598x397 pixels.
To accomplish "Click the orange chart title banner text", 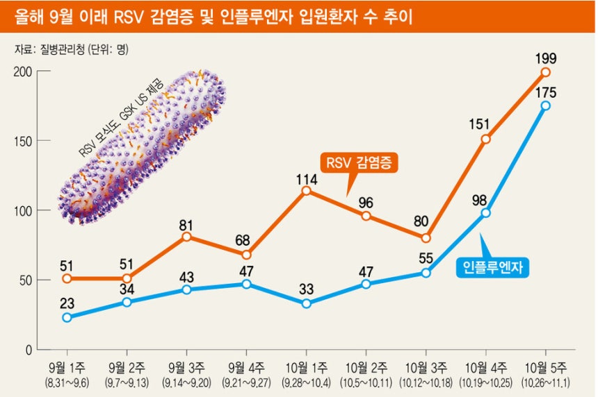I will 213,17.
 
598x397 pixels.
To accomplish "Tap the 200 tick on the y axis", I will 23,71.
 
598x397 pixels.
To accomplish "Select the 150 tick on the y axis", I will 23,140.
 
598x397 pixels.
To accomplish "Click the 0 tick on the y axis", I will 29,350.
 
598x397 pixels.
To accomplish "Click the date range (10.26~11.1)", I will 546,382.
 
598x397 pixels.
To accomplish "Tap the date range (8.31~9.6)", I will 67,382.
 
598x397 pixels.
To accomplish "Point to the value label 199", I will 546,57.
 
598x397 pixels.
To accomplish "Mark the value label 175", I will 546,92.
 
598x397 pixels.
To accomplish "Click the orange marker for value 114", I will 307,190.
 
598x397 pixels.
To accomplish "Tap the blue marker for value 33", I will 307,303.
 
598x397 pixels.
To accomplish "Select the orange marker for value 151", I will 486,139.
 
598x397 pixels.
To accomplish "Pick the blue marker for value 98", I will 486,212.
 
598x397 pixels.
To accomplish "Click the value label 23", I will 67,303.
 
